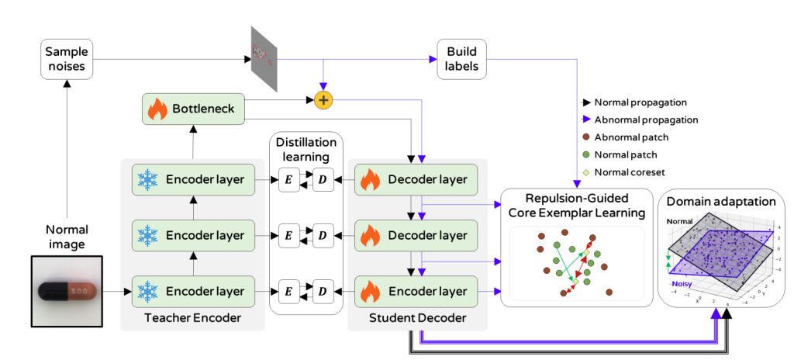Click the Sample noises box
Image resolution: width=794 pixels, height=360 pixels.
67,60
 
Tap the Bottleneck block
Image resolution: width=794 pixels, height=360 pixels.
192,108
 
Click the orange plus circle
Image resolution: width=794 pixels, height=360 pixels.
323,100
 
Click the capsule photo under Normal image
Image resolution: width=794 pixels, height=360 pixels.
67,291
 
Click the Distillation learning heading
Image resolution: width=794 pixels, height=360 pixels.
306,149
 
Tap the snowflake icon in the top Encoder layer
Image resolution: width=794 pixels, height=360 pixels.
147,181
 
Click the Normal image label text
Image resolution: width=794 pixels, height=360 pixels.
67,237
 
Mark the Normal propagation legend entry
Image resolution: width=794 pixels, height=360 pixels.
636,102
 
